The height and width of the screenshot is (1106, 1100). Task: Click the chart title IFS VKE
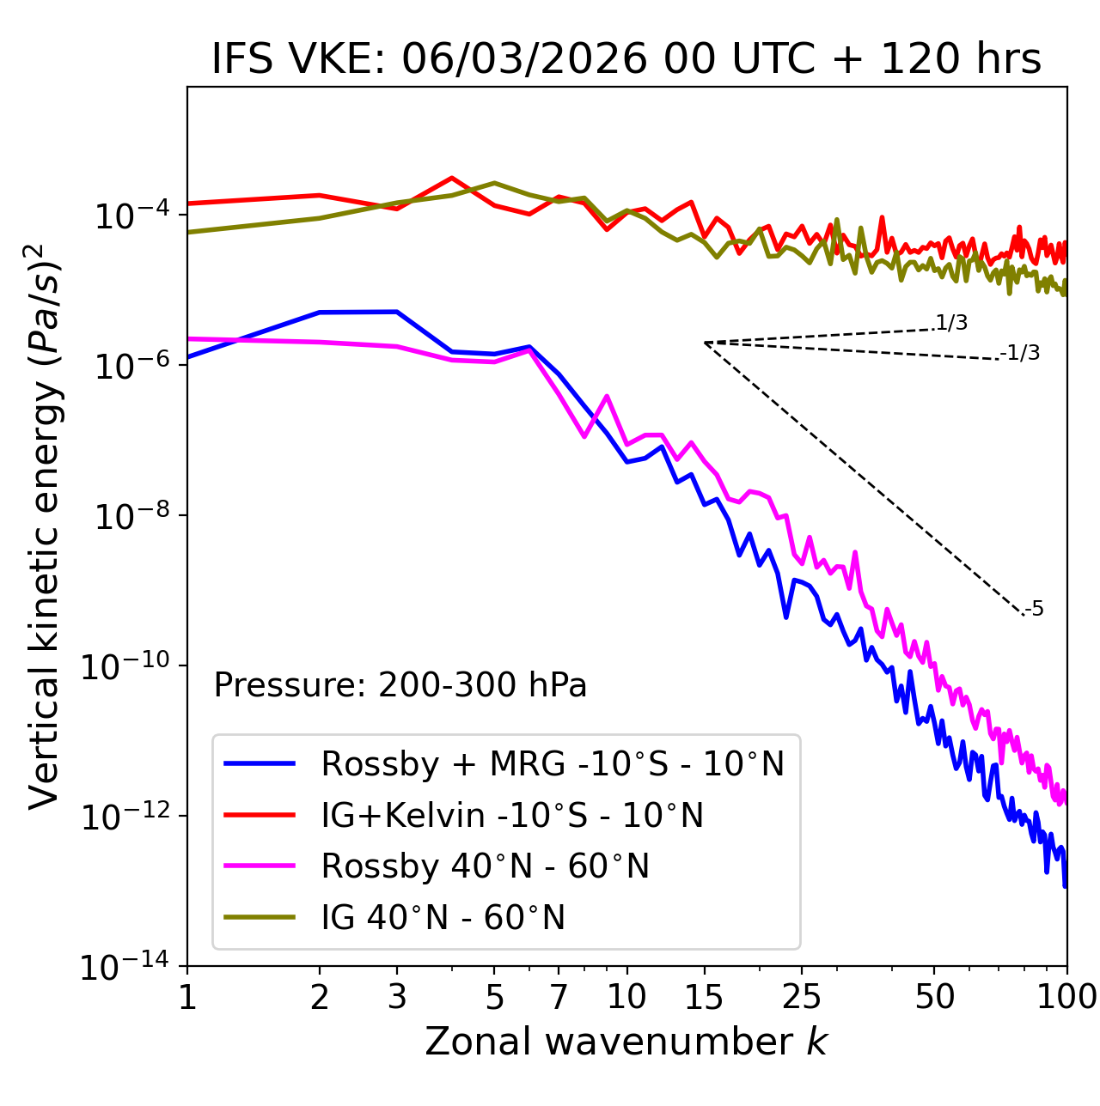click(x=626, y=60)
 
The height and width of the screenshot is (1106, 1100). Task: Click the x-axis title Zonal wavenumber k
click(x=626, y=1041)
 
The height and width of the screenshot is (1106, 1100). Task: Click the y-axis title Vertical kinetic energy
click(x=43, y=526)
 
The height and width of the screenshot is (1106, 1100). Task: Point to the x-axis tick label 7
click(x=559, y=996)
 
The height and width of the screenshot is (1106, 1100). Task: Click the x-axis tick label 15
click(x=704, y=996)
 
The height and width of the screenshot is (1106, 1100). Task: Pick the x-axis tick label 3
click(x=397, y=996)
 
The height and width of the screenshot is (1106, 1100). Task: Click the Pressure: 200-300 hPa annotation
click(x=400, y=685)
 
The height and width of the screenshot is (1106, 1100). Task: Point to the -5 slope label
click(x=1034, y=609)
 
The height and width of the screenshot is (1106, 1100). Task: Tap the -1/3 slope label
click(x=1020, y=352)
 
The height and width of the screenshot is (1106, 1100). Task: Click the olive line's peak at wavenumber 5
click(x=494, y=183)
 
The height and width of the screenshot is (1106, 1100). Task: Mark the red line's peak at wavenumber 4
click(x=452, y=178)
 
